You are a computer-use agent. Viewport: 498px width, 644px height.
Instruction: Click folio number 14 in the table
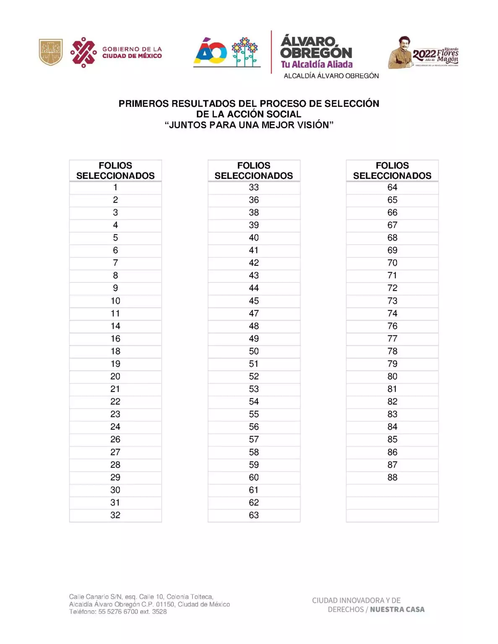click(x=115, y=326)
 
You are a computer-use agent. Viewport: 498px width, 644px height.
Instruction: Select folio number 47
click(x=254, y=313)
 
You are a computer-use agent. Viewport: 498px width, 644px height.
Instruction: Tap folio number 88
click(x=392, y=477)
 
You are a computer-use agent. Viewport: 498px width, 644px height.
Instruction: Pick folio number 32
click(x=115, y=515)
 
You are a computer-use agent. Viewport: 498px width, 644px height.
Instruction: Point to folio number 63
click(x=254, y=515)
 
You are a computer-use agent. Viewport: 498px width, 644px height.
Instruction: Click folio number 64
click(x=392, y=187)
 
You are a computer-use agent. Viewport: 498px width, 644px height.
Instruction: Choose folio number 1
click(x=115, y=187)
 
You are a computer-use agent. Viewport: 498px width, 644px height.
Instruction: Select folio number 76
click(x=392, y=326)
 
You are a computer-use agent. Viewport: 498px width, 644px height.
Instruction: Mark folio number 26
click(x=115, y=439)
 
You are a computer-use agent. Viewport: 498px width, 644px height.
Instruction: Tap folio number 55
click(x=254, y=414)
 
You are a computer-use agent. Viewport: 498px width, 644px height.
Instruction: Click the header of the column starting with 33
click(x=254, y=171)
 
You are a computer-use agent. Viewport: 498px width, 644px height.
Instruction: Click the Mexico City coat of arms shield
click(x=51, y=52)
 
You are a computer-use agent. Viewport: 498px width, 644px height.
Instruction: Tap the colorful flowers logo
click(x=245, y=52)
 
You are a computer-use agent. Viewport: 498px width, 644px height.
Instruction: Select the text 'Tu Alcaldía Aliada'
click(x=317, y=64)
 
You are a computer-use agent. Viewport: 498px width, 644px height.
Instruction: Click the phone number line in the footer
click(x=118, y=612)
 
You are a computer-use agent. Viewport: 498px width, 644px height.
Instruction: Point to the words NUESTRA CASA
click(x=397, y=609)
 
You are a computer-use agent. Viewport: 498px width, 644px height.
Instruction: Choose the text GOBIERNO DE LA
click(x=132, y=49)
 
